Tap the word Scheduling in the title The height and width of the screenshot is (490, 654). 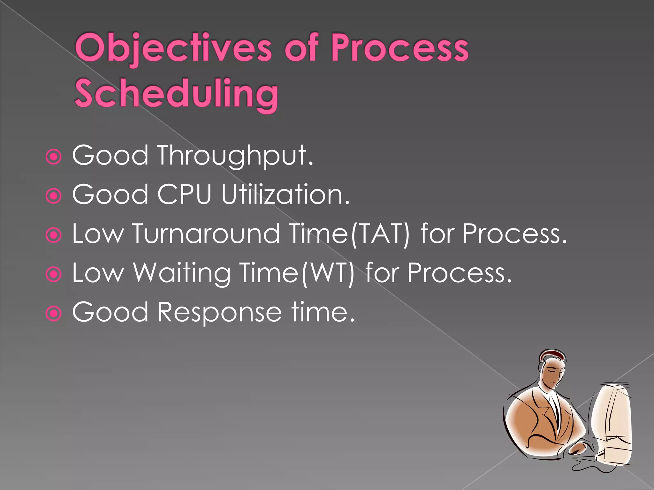tap(176, 93)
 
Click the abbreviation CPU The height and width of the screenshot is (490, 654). tap(184, 195)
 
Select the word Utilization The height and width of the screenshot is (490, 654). tap(285, 195)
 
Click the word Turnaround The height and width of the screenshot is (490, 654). tap(206, 234)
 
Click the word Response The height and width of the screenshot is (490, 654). tap(219, 312)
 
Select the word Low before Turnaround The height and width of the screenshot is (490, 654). tap(98, 234)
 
